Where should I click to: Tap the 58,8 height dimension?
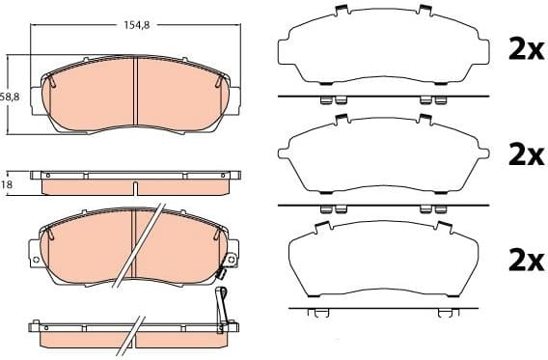click(x=10, y=97)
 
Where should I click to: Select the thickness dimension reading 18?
click(x=7, y=183)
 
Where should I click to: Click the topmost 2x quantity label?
click(x=526, y=50)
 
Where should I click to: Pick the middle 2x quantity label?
click(x=526, y=154)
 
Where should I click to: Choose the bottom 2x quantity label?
click(x=526, y=259)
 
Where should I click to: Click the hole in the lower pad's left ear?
click(x=37, y=260)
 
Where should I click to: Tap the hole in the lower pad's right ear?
click(x=232, y=258)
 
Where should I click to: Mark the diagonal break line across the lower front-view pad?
click(x=137, y=246)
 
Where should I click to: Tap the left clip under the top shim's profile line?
click(x=327, y=100)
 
